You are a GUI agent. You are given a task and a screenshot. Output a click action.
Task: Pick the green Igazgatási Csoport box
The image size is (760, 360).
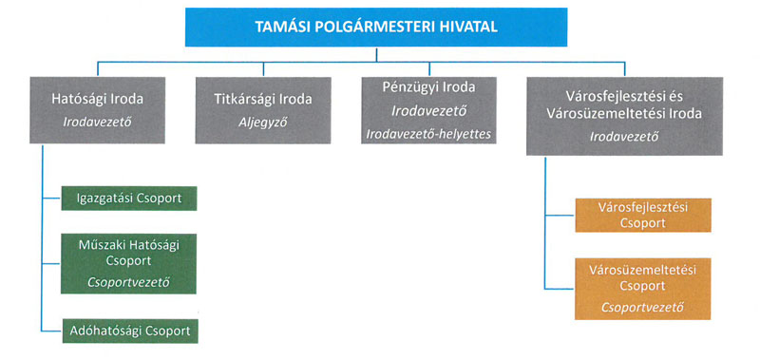point(128,199)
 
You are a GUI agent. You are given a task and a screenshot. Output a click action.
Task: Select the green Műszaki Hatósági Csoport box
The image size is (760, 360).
point(128,263)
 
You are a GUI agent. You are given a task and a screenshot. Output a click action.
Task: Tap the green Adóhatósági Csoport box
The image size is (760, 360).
point(128,331)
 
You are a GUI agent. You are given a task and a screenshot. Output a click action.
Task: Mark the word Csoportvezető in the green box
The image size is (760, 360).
point(128,282)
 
